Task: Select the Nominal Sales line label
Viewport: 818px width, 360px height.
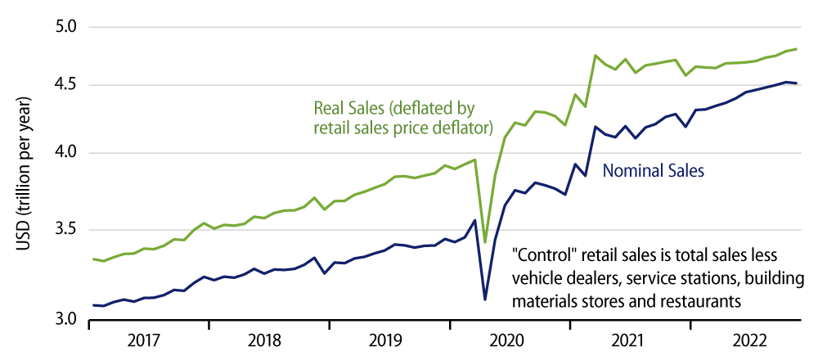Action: click(x=654, y=172)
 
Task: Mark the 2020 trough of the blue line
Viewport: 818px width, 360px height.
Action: click(x=485, y=299)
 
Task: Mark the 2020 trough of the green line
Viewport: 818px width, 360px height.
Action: click(x=485, y=242)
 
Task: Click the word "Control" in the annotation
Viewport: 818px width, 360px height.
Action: click(x=542, y=254)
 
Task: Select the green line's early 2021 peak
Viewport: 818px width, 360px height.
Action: click(x=596, y=56)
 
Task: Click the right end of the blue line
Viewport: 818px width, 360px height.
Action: click(x=797, y=83)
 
